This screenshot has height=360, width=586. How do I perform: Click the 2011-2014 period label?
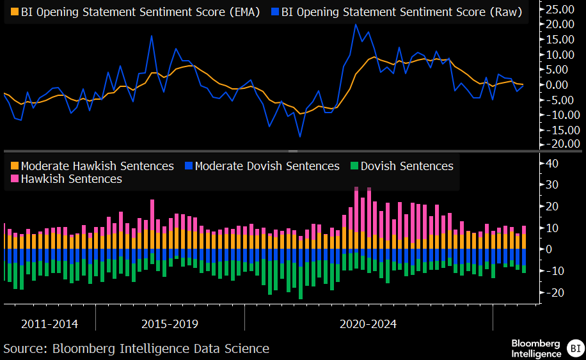(49, 324)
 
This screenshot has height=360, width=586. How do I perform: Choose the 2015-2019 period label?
(170, 324)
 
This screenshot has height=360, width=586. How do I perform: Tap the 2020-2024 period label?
(368, 324)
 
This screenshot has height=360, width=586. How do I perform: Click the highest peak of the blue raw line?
(356, 25)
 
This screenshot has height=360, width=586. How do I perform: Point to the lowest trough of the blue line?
(299, 136)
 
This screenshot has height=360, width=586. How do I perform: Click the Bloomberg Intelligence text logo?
(536, 348)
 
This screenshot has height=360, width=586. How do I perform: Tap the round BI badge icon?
(574, 349)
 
